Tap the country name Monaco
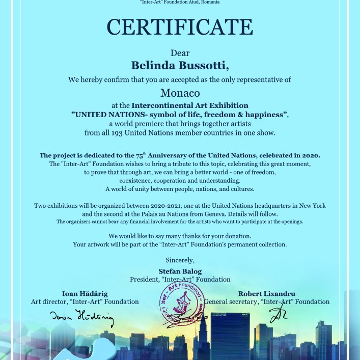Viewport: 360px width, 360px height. (x=180, y=93)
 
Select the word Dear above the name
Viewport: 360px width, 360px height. (x=180, y=52)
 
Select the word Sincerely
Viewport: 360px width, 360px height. (x=180, y=260)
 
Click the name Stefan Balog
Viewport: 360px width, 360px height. (x=180, y=271)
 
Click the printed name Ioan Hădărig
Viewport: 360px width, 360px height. (x=85, y=294)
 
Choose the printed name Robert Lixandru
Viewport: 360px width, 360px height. (x=267, y=294)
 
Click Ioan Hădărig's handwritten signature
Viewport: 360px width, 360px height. (x=81, y=317)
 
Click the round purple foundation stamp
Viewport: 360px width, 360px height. (x=181, y=304)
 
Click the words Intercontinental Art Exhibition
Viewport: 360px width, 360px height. (x=190, y=105)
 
